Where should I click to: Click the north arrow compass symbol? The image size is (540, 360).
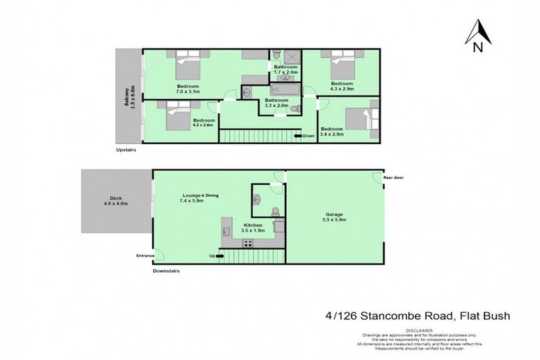(477, 37)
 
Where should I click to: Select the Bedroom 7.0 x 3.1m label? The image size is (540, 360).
(188, 89)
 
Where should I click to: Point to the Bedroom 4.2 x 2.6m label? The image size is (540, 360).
(203, 122)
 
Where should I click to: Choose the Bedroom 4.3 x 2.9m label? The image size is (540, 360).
(342, 86)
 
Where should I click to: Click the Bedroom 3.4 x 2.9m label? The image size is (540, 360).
(332, 131)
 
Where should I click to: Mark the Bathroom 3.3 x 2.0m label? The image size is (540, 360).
(276, 103)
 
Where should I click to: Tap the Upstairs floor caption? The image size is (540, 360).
(127, 150)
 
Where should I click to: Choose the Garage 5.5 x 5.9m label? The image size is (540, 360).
(334, 217)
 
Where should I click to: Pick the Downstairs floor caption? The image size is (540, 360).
(167, 270)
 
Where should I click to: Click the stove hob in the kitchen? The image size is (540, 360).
(247, 244)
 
